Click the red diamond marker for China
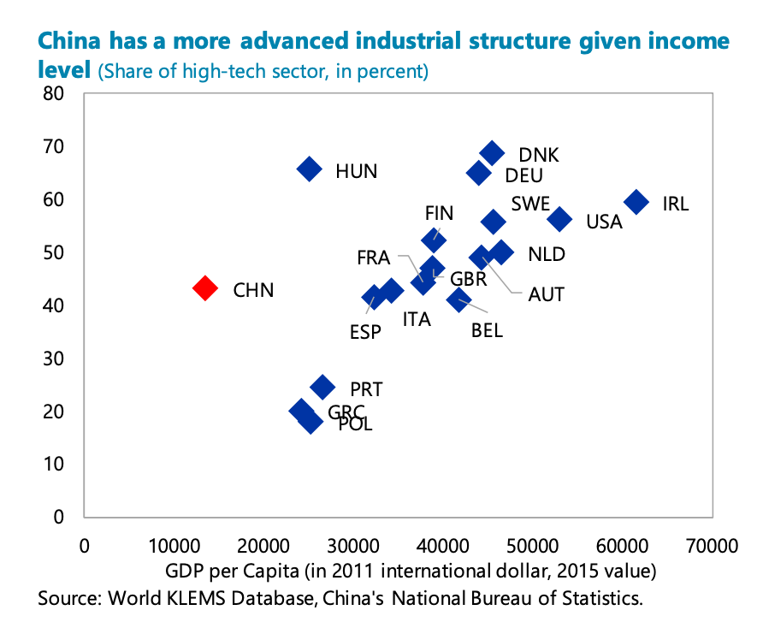tap(204, 287)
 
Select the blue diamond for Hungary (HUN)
tap(309, 169)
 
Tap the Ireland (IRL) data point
tap(636, 202)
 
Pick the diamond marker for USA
tap(559, 219)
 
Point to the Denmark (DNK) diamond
tap(492, 153)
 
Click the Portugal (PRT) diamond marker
tap(322, 387)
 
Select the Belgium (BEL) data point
tap(458, 299)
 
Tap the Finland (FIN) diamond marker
tap(434, 240)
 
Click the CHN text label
tap(253, 290)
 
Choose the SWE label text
tap(530, 204)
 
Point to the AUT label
tap(546, 294)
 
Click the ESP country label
tap(365, 332)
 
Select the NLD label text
tap(547, 254)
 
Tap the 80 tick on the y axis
tap(53, 93)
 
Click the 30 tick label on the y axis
tap(53, 358)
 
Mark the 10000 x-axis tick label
tap(174, 546)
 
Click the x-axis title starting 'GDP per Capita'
tap(411, 571)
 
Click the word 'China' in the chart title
tap(69, 41)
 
